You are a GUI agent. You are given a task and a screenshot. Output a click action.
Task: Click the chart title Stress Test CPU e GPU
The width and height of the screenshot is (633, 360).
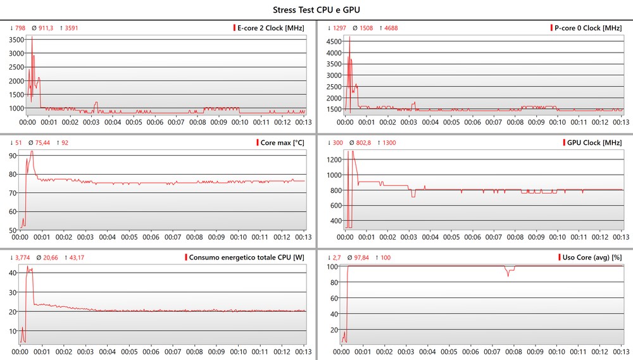point(317,9)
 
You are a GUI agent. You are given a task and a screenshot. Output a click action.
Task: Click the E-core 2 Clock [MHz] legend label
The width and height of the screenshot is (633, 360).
point(270,28)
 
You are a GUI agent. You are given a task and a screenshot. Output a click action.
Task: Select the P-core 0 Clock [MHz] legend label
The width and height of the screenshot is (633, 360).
point(588,28)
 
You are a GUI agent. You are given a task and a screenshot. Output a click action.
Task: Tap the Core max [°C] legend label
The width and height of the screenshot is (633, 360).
point(282,142)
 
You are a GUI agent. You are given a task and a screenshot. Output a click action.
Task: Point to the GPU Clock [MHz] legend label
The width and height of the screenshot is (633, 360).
point(595,142)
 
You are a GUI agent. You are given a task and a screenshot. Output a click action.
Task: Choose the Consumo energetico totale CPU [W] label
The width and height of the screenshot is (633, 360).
point(247,257)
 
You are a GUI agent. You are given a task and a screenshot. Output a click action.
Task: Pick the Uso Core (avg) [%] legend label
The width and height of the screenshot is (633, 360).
point(592,257)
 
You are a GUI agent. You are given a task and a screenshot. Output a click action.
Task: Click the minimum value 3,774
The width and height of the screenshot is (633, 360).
point(22,257)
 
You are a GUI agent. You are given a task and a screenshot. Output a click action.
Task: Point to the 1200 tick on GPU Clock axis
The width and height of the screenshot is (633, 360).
point(333,159)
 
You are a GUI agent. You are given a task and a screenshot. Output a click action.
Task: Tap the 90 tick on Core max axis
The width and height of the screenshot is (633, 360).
point(13,155)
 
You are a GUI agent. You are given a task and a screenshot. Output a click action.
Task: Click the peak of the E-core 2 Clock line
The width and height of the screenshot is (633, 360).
point(32,37)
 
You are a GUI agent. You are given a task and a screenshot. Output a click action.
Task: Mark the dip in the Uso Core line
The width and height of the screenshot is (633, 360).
point(508,275)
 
